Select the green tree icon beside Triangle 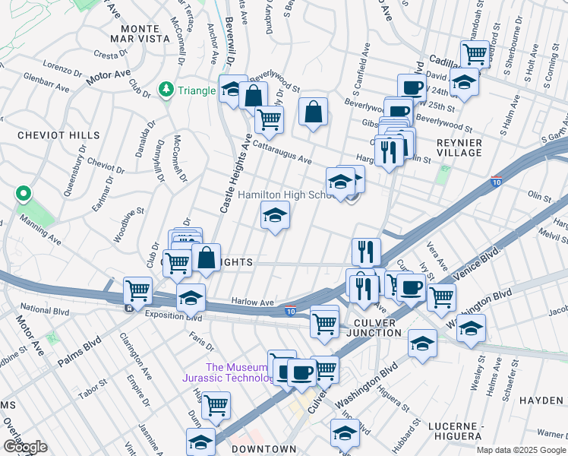[166, 90]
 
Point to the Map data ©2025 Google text [521, 450]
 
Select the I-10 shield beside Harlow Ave [290, 310]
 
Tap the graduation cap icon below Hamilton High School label [276, 215]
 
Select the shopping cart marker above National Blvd [137, 289]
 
